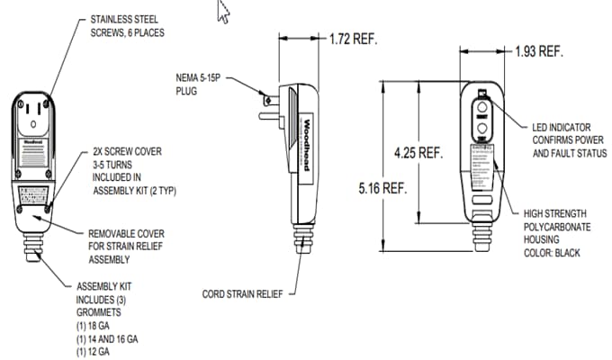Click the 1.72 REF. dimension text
coord(353,40)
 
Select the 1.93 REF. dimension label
coord(539,51)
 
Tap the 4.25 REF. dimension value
coord(418,153)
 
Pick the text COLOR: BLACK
coord(552,253)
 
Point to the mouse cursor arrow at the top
coord(223,11)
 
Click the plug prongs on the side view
coord(268,105)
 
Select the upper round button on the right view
coord(482,114)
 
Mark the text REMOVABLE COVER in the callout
coord(127,233)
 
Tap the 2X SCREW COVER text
coord(127,152)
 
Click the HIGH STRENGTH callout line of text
coord(559,214)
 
